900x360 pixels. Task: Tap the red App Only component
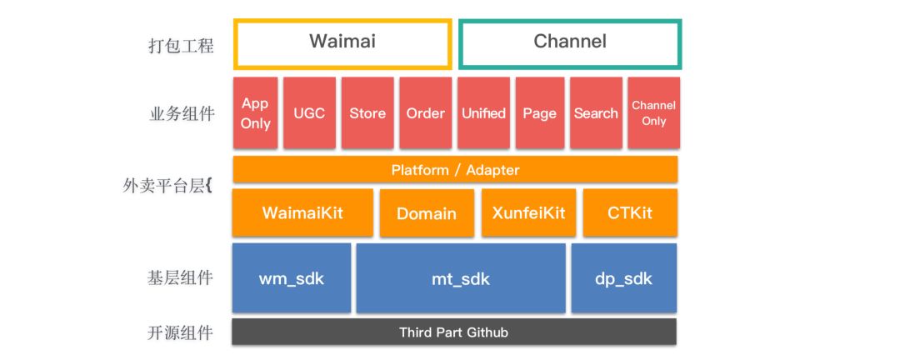click(256, 113)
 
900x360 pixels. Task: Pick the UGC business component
click(309, 113)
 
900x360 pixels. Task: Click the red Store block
click(367, 113)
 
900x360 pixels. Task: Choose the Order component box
click(425, 113)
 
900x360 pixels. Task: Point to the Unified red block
click(483, 113)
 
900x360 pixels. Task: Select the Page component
click(539, 113)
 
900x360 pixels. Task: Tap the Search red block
click(596, 113)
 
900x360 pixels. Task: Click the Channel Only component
click(654, 113)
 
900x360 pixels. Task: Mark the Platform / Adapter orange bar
click(455, 169)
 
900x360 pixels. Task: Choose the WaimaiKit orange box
click(302, 212)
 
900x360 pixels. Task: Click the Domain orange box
click(427, 213)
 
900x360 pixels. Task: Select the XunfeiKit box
click(528, 212)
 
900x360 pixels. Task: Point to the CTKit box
click(630, 212)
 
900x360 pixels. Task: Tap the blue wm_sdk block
click(292, 278)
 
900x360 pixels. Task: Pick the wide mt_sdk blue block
click(461, 278)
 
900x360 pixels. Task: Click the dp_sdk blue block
click(624, 278)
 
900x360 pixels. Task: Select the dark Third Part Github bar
click(454, 332)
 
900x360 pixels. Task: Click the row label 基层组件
click(180, 277)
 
